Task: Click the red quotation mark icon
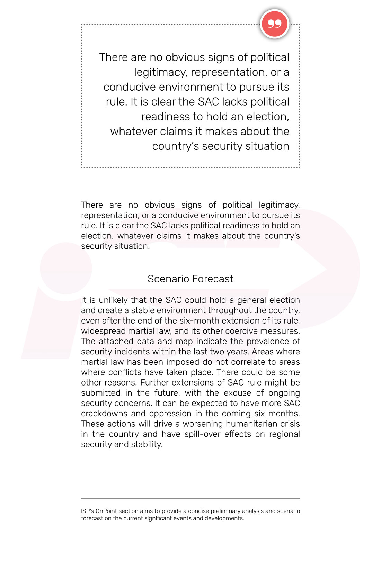[x=274, y=24]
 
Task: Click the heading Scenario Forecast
[x=190, y=279]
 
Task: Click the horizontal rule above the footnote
[x=190, y=499]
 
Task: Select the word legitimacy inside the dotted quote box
[x=160, y=72]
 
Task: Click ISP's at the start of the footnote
[x=87, y=511]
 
